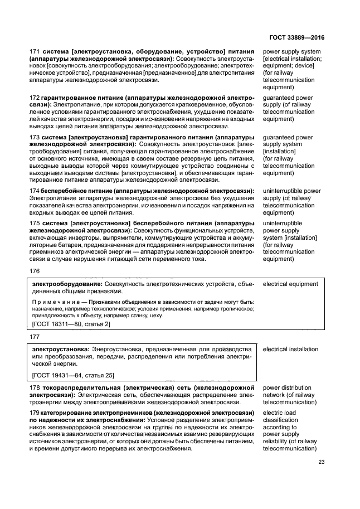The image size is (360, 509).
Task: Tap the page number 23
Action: [321, 461]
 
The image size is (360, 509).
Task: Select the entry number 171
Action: [34, 52]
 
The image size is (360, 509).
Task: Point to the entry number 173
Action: [34, 137]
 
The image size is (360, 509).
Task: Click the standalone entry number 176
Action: [34, 272]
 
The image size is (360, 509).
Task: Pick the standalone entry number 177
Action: [34, 337]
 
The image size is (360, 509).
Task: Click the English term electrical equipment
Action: [290, 284]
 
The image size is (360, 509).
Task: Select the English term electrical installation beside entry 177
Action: [290, 349]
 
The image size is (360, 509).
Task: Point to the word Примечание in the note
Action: [53, 300]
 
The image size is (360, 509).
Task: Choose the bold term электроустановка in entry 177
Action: [60, 349]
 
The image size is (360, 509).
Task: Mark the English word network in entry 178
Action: [276, 395]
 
